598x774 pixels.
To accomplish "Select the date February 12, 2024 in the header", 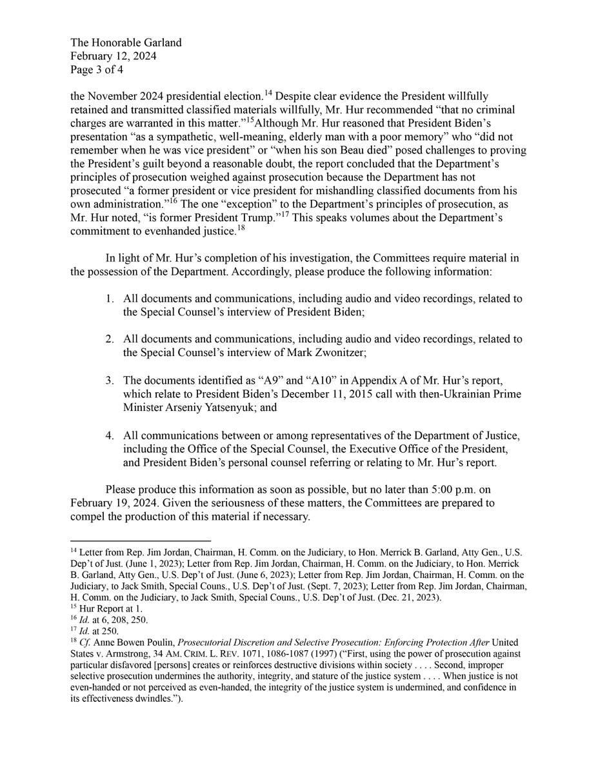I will coord(113,56).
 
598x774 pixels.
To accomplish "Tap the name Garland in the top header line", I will coord(158,43).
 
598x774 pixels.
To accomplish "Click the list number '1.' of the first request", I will coord(111,299).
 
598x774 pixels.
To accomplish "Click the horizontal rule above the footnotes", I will coord(140,540).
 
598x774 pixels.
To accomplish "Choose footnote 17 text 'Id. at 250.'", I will coord(99,631).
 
